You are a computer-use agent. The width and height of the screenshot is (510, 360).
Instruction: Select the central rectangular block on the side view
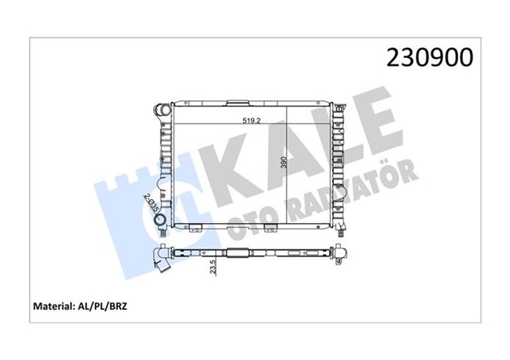pos(238,255)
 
